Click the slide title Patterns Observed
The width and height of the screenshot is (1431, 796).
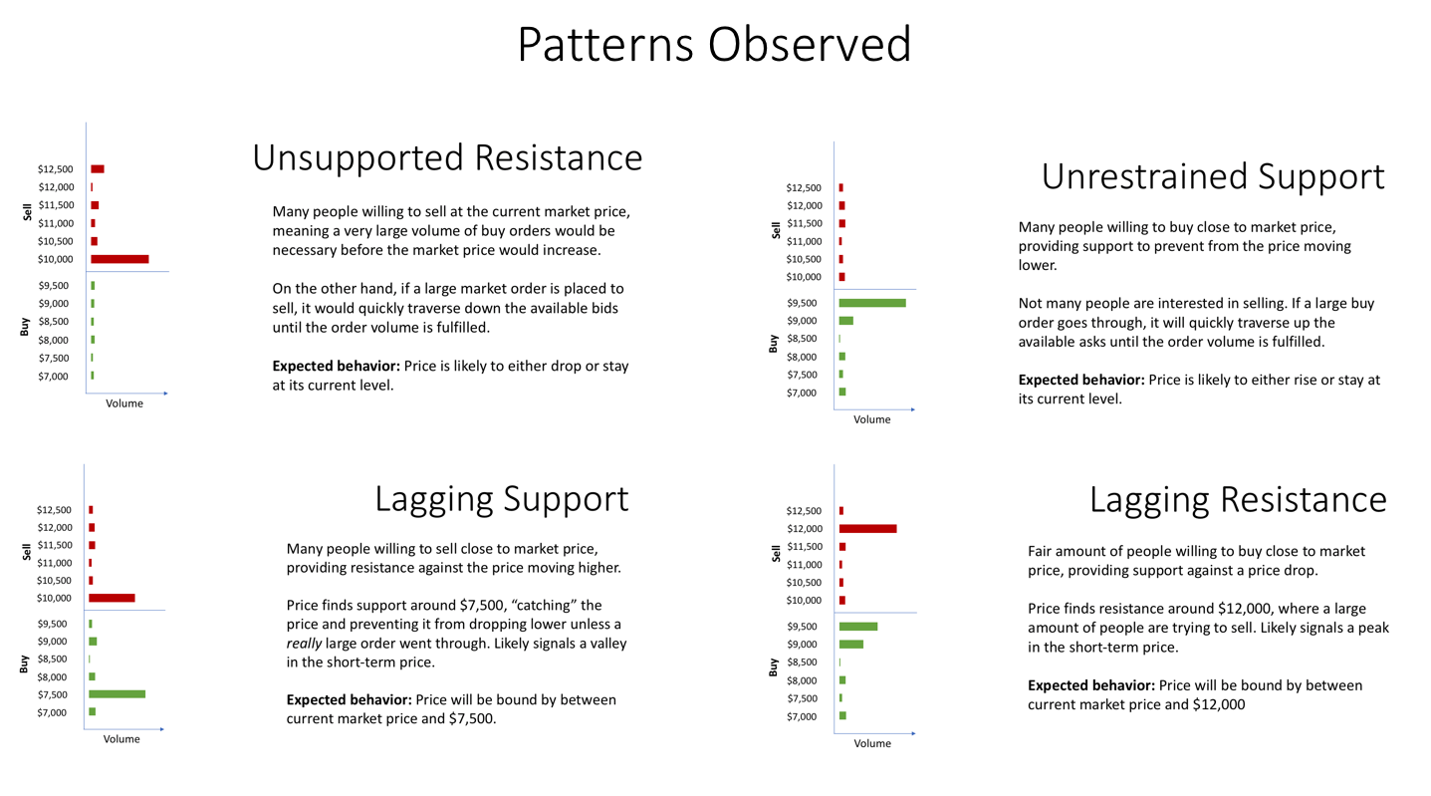click(x=714, y=45)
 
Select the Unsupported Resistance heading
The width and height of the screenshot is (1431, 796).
click(x=447, y=157)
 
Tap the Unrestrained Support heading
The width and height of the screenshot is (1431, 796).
click(x=1212, y=176)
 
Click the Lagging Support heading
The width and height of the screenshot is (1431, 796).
click(x=501, y=498)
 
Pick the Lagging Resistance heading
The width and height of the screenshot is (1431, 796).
click(x=1237, y=499)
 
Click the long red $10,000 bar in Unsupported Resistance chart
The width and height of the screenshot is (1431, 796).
click(x=119, y=259)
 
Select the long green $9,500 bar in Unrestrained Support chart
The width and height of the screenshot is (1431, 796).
click(x=872, y=303)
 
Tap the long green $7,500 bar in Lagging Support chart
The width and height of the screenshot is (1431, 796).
click(x=117, y=694)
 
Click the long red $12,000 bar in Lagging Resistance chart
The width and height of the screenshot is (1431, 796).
click(x=867, y=528)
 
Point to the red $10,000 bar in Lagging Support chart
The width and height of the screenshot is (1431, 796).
click(x=112, y=598)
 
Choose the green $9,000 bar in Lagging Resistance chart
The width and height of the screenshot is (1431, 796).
click(x=850, y=645)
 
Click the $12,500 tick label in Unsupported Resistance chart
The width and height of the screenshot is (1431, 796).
click(x=55, y=169)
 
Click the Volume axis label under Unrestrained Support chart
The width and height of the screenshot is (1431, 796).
click(x=871, y=419)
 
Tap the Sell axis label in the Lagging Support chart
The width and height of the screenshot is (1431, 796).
click(x=27, y=552)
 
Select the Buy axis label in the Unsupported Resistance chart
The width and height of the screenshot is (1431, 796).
click(x=25, y=326)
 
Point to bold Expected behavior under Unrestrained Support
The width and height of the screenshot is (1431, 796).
click(x=1080, y=381)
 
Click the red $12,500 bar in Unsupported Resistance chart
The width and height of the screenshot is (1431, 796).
click(x=97, y=169)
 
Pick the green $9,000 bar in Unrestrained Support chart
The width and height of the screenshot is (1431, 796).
click(x=845, y=321)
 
